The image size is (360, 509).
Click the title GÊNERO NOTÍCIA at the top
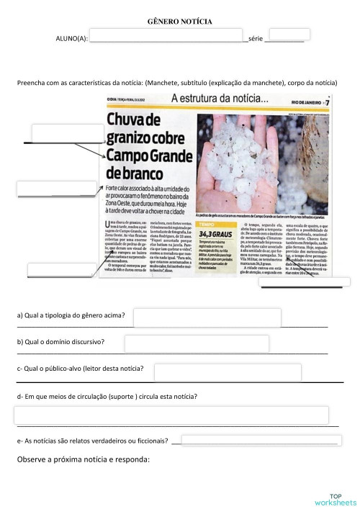point(179,22)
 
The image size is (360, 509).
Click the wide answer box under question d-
point(171,415)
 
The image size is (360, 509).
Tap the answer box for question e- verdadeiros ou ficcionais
point(259,440)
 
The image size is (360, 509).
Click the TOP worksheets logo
point(335,500)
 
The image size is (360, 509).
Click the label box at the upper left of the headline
point(67,133)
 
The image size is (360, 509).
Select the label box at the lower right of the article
point(305,281)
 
